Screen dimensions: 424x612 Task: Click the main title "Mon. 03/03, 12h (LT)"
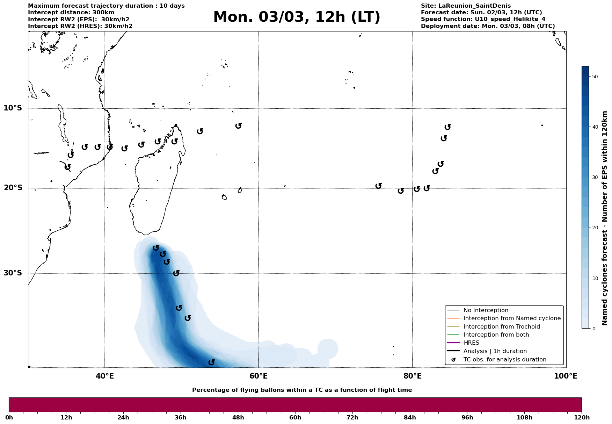point(297,17)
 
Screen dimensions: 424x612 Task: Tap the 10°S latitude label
point(13,108)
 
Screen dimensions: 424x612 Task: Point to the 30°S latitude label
point(13,273)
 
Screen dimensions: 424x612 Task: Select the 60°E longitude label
point(258,376)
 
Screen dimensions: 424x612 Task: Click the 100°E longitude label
point(566,376)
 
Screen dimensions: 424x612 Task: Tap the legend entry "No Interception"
point(486,310)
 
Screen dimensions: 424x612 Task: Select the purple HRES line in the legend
point(453,343)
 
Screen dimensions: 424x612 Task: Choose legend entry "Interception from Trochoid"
point(501,327)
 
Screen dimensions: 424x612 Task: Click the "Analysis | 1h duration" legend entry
point(495,351)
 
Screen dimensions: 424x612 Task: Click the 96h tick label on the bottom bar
point(467,417)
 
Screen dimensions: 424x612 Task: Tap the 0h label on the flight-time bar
point(9,417)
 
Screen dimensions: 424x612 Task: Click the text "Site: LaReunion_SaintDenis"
point(466,6)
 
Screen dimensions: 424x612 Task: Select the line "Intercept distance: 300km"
point(71,13)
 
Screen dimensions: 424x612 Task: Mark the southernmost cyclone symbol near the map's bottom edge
point(211,362)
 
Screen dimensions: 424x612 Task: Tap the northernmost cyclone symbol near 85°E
point(447,127)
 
